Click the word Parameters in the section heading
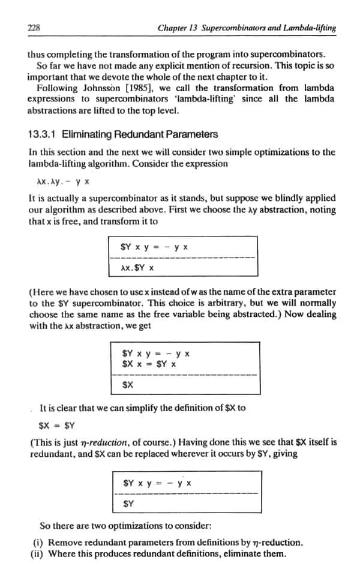tap(190, 134)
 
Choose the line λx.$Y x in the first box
tap(137, 267)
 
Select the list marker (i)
tap(37, 543)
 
